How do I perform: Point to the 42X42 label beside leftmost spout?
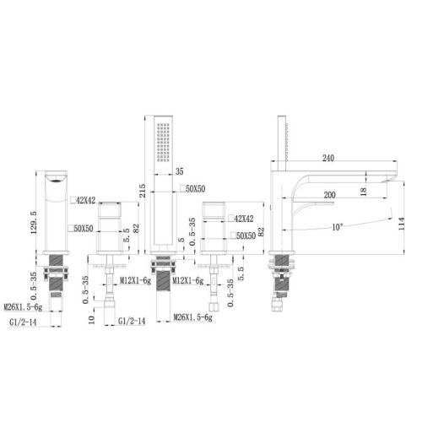click(85, 202)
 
